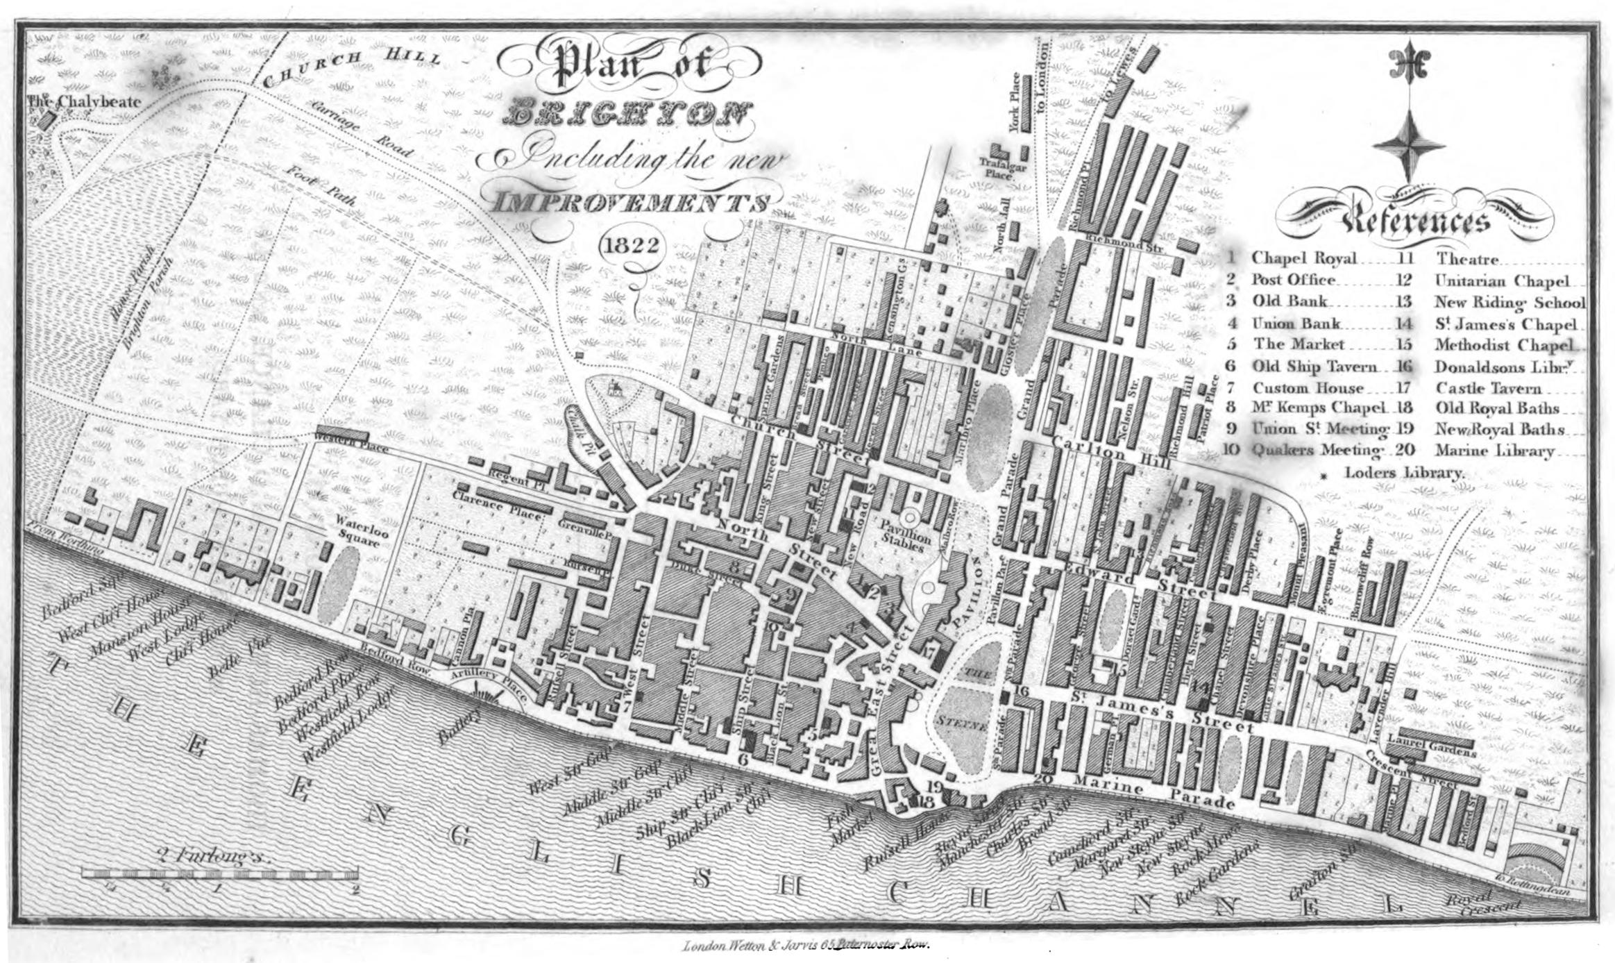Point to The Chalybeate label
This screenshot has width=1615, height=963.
[x=84, y=102]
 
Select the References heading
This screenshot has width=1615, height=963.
[x=1416, y=221]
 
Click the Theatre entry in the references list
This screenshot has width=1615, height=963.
[x=1466, y=259]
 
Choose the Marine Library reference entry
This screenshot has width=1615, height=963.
[x=1494, y=451]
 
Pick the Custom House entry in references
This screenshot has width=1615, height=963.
[x=1308, y=387]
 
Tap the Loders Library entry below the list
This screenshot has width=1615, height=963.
[x=1404, y=472]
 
